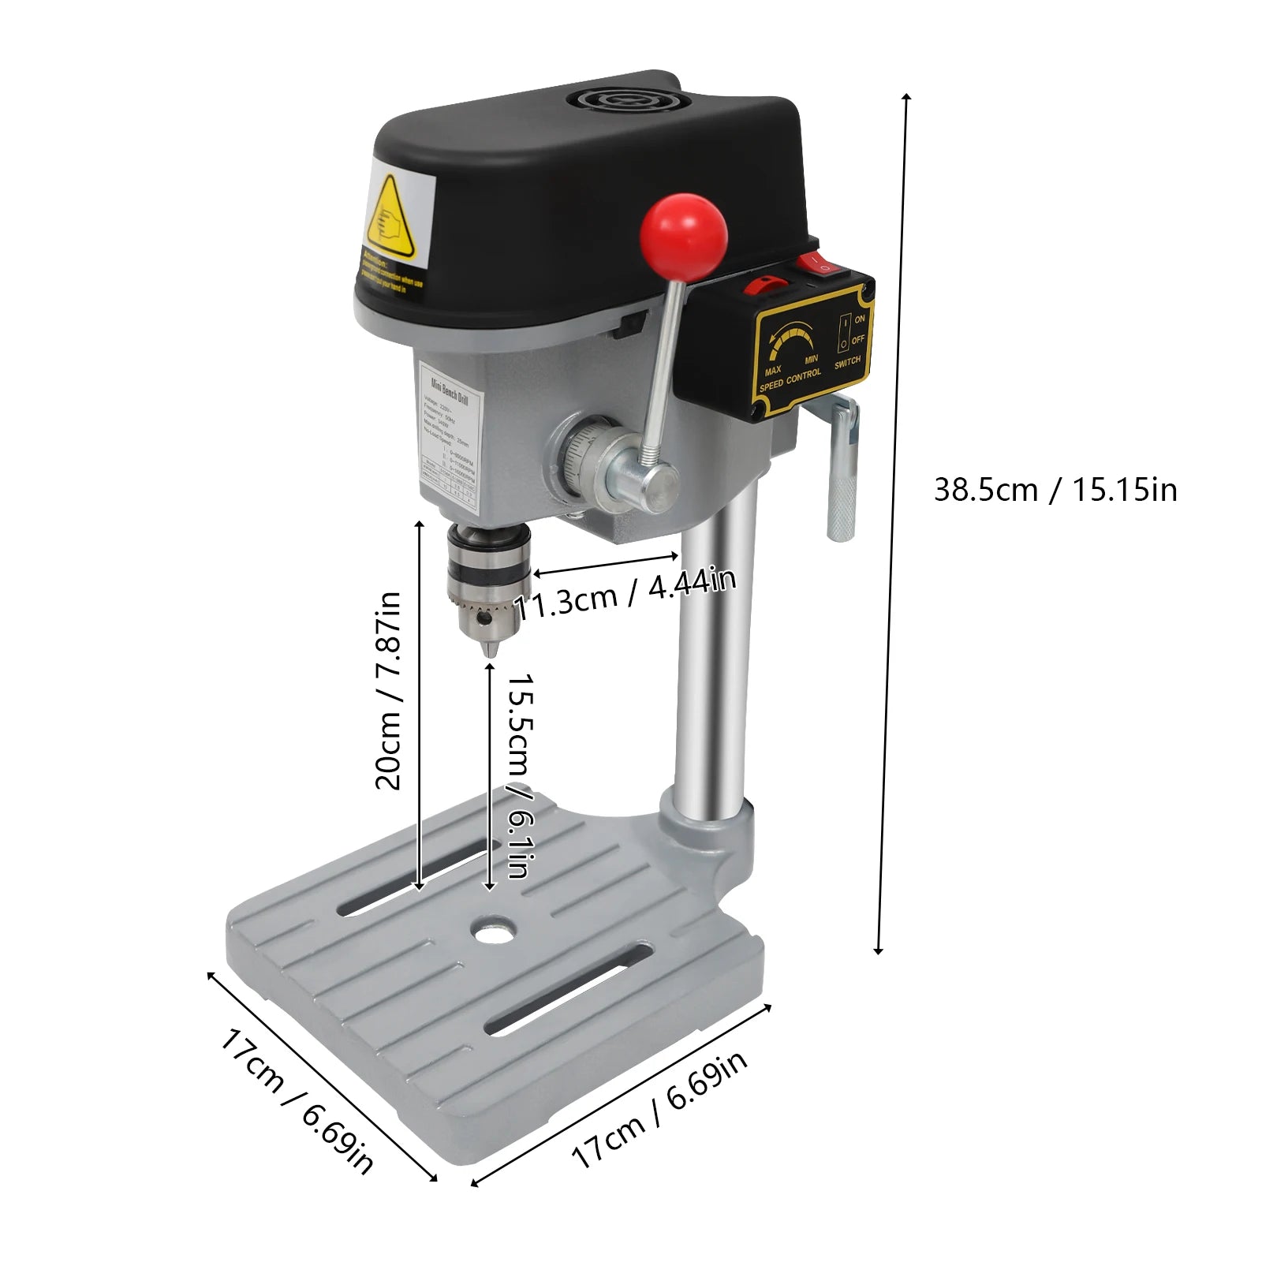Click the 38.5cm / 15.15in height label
(x=1055, y=490)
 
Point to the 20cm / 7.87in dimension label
(x=388, y=690)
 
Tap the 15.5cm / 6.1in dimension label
(x=520, y=775)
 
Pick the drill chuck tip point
(x=490, y=652)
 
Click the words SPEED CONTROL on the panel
(x=790, y=380)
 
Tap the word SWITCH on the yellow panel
(x=848, y=362)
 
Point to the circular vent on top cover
(x=623, y=100)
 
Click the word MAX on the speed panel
(x=773, y=370)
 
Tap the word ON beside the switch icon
(x=860, y=319)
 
